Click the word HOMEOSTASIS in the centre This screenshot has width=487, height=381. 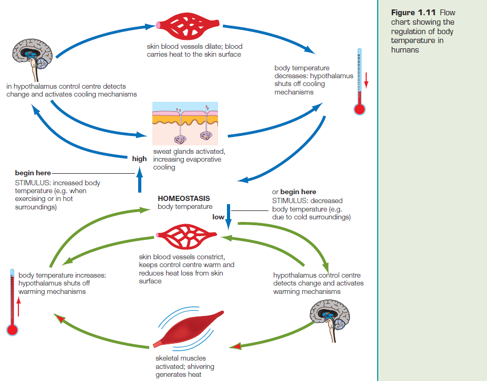coord(183,198)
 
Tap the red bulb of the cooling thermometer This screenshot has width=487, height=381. coord(359,109)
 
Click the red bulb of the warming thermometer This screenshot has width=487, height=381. coord(12,330)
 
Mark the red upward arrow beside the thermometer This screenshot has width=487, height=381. coord(18,306)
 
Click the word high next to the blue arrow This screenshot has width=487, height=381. coord(139,158)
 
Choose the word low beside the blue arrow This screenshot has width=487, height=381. coord(218,216)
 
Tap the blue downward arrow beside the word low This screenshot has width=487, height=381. coord(229,217)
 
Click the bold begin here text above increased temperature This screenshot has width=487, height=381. coord(33,173)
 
